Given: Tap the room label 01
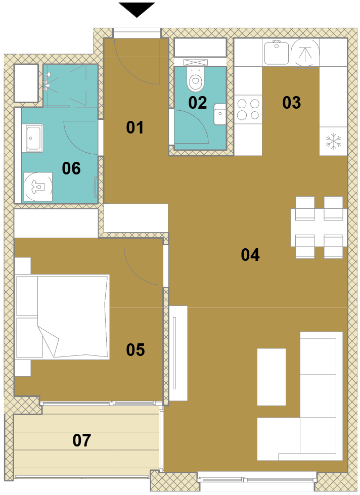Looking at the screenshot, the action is [135, 127].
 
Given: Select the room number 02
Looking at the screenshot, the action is [198, 103].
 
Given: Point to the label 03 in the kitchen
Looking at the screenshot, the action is [291, 103].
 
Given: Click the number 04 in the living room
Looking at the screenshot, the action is [250, 255].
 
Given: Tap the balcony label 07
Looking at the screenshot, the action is [82, 440].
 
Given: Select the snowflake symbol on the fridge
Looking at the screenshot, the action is [334, 142].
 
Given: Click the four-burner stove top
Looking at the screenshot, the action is [248, 109].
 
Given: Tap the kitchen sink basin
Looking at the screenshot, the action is [276, 53].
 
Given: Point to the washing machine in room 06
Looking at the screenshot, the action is [38, 187].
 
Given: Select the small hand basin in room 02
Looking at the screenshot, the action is [220, 114].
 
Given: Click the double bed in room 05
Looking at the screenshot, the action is [63, 317].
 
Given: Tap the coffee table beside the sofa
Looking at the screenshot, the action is [272, 377].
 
